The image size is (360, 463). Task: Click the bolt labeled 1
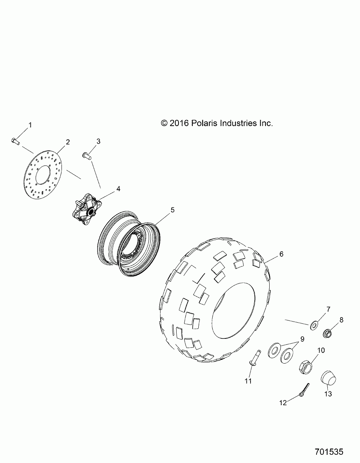click(15, 141)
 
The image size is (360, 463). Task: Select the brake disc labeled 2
click(43, 175)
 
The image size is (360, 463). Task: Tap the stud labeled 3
click(87, 156)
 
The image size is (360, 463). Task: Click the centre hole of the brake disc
click(43, 175)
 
